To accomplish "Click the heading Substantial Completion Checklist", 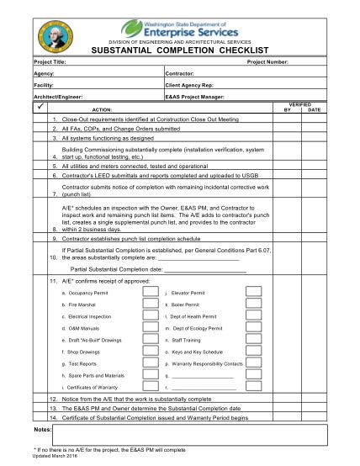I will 180,50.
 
